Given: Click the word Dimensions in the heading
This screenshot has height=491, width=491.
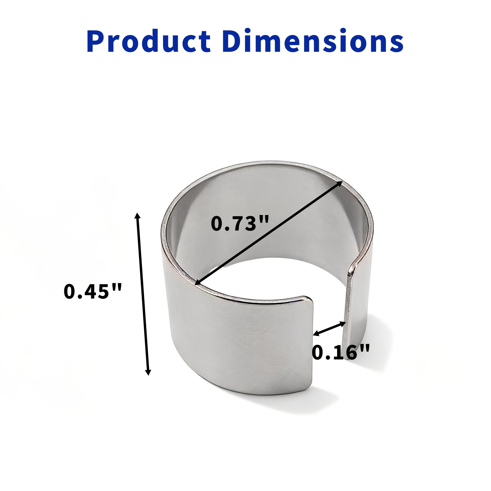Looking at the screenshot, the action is [x=313, y=41].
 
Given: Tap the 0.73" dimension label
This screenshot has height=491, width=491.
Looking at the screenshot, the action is [x=240, y=224].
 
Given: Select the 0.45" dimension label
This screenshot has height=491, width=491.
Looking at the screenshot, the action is [x=93, y=291].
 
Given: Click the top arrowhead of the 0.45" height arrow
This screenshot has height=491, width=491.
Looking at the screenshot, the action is [x=137, y=216].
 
